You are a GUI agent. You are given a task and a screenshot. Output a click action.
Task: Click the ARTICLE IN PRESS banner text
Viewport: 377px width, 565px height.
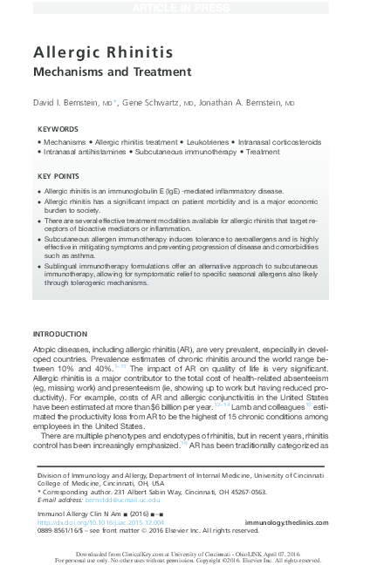point(188,7)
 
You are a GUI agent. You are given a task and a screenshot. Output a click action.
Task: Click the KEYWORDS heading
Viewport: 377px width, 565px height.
point(57,128)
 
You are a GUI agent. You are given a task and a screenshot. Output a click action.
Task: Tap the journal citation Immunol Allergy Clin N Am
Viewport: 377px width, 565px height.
point(83,514)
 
